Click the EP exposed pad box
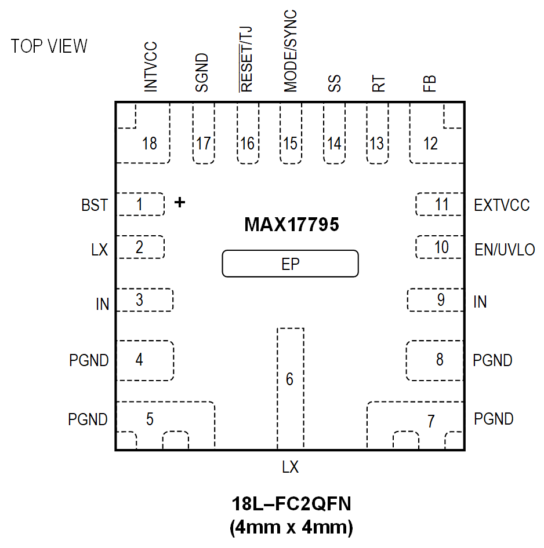coord(291,264)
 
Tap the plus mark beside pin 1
coord(180,202)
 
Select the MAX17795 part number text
coord(291,225)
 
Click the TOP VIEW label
coord(49,46)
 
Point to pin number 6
coord(289,379)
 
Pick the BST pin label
coord(95,205)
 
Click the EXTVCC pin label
coord(502,205)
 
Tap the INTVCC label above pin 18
coord(150,67)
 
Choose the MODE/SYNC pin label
coord(291,51)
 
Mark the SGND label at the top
coord(202,73)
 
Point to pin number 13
coord(377,143)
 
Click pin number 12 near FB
coord(430,143)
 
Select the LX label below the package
coord(290,467)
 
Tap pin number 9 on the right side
coord(441,300)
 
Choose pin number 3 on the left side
coord(139,300)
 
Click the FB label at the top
coord(430,84)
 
